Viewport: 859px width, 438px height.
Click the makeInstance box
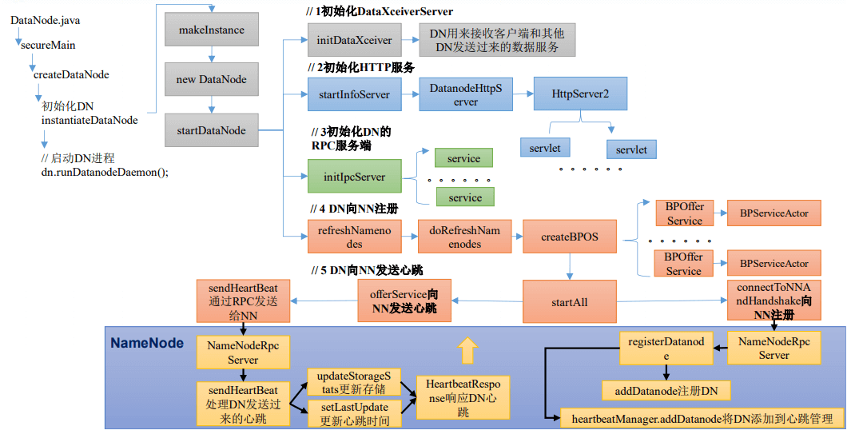(212, 30)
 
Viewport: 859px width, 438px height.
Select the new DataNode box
(212, 80)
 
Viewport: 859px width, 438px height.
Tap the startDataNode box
(212, 130)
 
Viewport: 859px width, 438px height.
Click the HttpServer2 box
(580, 94)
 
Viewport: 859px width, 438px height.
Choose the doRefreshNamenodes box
(464, 237)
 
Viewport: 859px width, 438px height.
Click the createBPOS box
(569, 237)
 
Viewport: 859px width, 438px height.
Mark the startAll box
(569, 302)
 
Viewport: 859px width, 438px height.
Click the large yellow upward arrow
(467, 350)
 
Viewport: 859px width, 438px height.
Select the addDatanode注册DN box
(666, 390)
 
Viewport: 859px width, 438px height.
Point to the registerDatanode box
(665, 348)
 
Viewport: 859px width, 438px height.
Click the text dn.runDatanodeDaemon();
(105, 172)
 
